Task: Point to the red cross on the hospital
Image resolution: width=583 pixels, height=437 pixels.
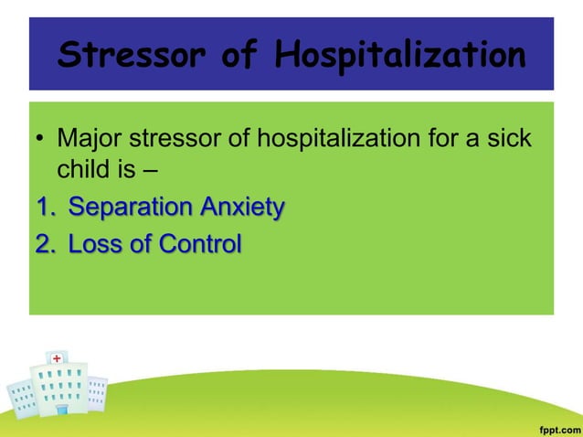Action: click(58, 357)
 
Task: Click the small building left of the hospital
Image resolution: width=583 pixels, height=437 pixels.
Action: click(19, 398)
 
